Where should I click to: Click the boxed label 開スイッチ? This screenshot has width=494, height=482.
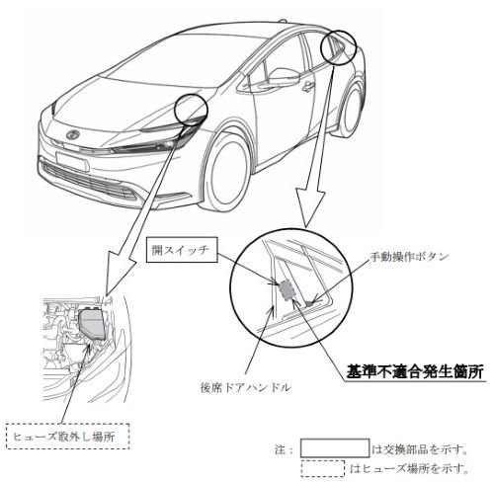(x=182, y=250)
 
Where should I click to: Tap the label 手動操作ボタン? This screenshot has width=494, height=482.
(x=409, y=256)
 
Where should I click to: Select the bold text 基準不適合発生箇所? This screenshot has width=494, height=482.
(x=416, y=371)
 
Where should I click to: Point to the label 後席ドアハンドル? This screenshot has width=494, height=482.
(x=246, y=387)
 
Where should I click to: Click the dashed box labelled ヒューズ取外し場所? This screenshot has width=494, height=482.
(x=68, y=437)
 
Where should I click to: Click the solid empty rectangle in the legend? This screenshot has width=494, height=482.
(x=335, y=447)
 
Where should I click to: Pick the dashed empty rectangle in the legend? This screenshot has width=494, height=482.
(x=323, y=468)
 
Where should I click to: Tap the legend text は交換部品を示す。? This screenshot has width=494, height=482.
(x=420, y=449)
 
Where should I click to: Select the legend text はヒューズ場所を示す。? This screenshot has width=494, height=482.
(x=409, y=469)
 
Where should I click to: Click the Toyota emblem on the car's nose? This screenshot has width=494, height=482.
(x=71, y=134)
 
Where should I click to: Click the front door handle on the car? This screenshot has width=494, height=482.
(x=308, y=86)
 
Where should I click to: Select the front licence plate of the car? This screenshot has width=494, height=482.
(x=72, y=162)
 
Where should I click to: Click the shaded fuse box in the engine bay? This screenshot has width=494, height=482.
(x=93, y=324)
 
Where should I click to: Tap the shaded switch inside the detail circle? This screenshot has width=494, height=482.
(x=287, y=289)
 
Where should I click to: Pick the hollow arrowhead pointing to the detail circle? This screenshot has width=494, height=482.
(x=311, y=207)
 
